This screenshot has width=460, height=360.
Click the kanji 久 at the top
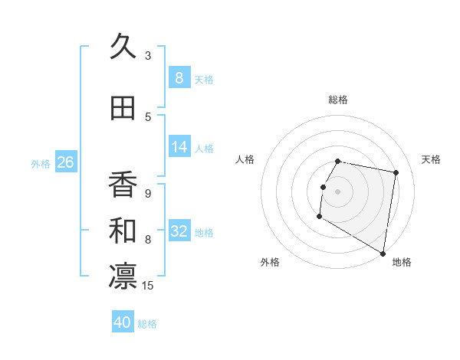click(123, 47)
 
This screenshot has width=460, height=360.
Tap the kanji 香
click(123, 185)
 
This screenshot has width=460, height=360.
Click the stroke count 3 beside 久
click(148, 56)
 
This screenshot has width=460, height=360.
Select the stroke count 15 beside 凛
click(149, 286)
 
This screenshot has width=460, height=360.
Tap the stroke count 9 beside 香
click(148, 194)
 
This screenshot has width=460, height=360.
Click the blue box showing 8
click(179, 78)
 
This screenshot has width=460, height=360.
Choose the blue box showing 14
click(179, 147)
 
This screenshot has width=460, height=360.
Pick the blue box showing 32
click(179, 231)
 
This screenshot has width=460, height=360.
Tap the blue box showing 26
click(65, 162)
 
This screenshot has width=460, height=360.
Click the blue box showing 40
click(123, 322)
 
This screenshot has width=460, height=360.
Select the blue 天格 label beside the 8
click(204, 80)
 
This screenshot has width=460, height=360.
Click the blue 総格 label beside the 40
click(148, 324)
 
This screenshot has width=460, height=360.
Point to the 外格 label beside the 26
click(41, 164)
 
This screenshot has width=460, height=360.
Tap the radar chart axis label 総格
click(338, 100)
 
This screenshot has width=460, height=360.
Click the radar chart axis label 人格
click(245, 159)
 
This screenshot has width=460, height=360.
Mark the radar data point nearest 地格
click(383, 254)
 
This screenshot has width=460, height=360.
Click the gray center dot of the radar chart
click(337, 191)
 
